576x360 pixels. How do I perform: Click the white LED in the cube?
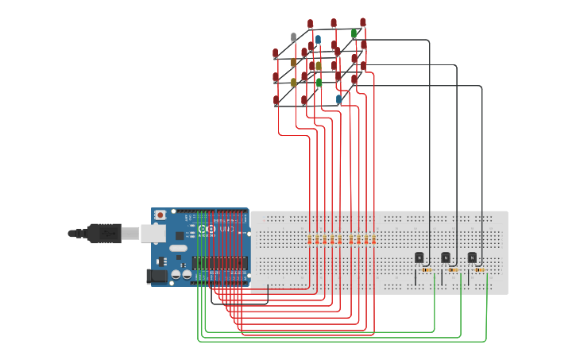point(293,37)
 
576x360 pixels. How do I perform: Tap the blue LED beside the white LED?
point(318,39)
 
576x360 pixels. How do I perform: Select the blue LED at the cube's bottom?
point(338,99)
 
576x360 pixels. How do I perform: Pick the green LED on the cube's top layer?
point(354,33)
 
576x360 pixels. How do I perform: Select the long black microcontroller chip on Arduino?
point(219,262)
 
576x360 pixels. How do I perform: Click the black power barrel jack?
point(157,277)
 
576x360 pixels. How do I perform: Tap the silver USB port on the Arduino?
point(153,233)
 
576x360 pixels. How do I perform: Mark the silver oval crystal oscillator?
point(178,248)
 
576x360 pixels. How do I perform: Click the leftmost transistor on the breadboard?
point(419,257)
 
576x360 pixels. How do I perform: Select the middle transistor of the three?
point(445,257)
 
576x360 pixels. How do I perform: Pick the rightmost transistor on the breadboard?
point(471,257)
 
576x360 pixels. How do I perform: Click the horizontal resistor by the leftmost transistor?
point(427,270)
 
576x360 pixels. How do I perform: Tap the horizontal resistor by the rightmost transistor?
point(479,270)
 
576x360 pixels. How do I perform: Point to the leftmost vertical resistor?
point(310,239)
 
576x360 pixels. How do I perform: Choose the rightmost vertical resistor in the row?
point(374,239)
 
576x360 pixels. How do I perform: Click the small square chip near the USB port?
point(180,235)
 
